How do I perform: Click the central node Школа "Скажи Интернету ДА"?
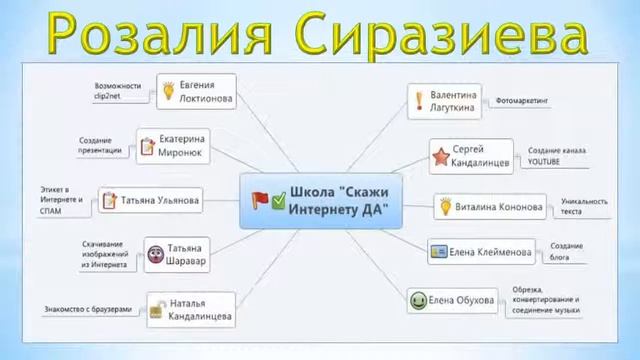pos(320,200)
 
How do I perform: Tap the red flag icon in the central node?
pos(259,200)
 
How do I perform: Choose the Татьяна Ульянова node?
pos(151,200)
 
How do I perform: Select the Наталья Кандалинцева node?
pos(191,311)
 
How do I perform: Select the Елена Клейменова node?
pos(480,251)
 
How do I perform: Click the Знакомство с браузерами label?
pos(87,310)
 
